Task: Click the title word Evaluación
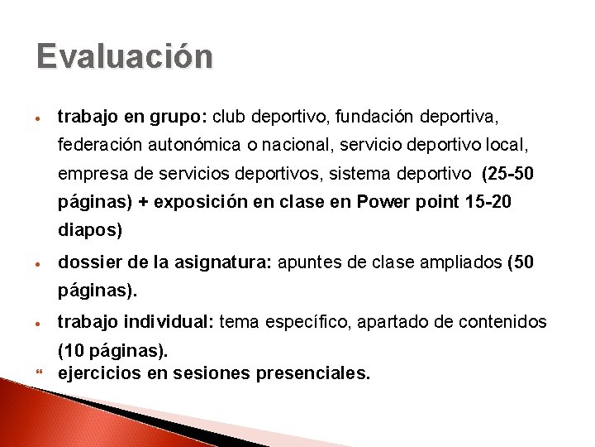click(x=125, y=57)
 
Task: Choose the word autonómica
click(x=198, y=146)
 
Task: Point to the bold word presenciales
click(x=313, y=373)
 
